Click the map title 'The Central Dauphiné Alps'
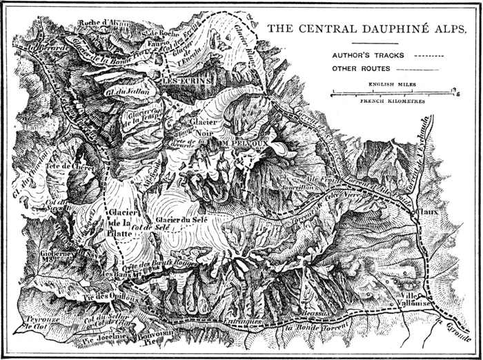(x=367, y=30)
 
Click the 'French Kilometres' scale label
(x=390, y=100)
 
